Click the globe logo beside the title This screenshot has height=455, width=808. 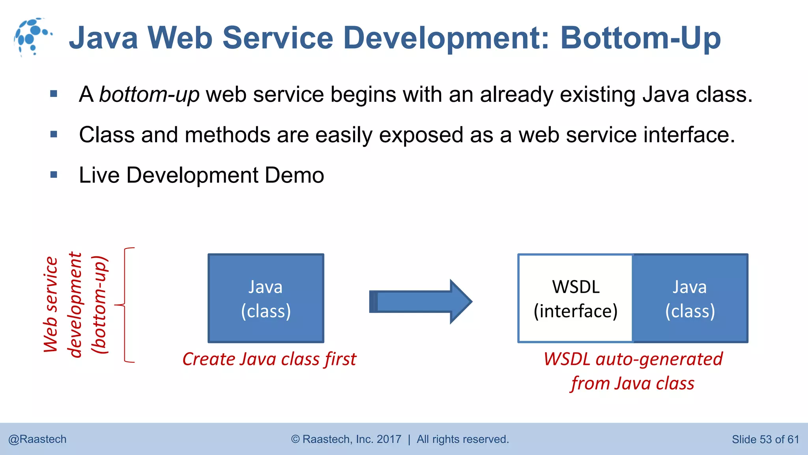click(32, 37)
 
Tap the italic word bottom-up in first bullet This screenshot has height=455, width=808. click(149, 94)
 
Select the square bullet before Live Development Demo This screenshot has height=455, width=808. click(54, 175)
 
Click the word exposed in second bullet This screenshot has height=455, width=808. click(421, 135)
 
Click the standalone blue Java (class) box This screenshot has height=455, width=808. click(266, 299)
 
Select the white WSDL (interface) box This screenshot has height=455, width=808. click(575, 299)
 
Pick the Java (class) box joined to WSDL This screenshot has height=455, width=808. click(690, 299)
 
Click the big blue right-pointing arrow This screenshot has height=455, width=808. click(421, 302)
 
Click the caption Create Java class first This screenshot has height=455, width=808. click(269, 359)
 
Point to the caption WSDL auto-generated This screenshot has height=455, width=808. click(633, 359)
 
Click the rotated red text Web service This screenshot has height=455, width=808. click(51, 304)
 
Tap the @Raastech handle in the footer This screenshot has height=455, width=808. click(37, 439)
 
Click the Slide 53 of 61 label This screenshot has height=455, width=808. click(765, 439)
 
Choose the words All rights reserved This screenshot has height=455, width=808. click(462, 439)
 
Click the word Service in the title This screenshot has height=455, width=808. click(278, 38)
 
